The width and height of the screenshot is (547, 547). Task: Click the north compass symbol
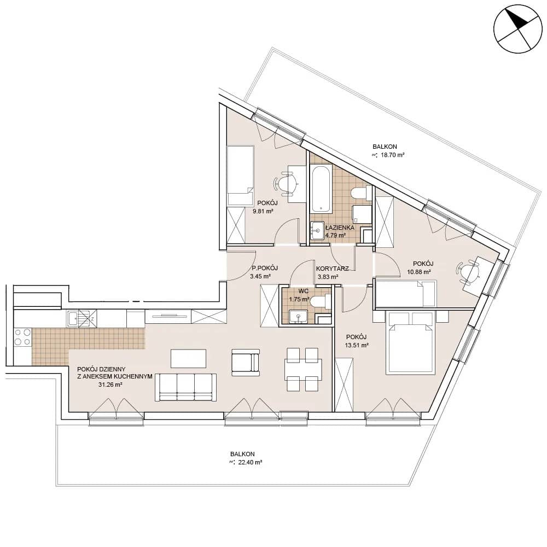pyautogui.click(x=517, y=29)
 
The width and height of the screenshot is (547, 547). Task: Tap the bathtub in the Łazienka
pyautogui.click(x=321, y=189)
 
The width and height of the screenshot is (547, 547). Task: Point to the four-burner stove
pyautogui.click(x=22, y=337)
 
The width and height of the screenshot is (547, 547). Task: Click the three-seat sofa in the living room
pyautogui.click(x=185, y=387)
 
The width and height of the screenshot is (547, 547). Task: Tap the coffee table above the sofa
pyautogui.click(x=188, y=358)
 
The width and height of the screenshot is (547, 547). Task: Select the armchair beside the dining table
pyautogui.click(x=246, y=363)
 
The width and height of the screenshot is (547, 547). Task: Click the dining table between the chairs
pyautogui.click(x=303, y=369)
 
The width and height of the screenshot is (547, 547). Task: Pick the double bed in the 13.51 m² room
pyautogui.click(x=410, y=342)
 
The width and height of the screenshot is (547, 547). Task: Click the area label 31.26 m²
pyautogui.click(x=110, y=385)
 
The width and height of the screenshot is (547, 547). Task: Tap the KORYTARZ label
pyautogui.click(x=333, y=269)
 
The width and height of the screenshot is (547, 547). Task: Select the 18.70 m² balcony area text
pyautogui.click(x=392, y=155)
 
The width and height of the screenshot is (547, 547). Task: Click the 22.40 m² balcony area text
pyautogui.click(x=250, y=462)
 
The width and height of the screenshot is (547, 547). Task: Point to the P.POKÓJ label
pyautogui.click(x=265, y=268)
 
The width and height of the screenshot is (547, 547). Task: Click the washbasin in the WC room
pyautogui.click(x=299, y=316)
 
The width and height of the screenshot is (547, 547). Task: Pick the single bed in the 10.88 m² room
pyautogui.click(x=405, y=293)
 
